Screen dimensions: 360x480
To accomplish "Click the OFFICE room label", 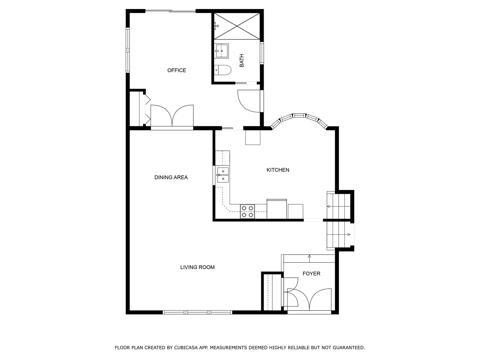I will (177, 70).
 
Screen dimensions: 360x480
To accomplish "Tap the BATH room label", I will (242, 61).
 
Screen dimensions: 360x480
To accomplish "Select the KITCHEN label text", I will (278, 170).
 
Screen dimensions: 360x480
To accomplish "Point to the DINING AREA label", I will (171, 177).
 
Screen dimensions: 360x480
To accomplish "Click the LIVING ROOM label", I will (197, 267).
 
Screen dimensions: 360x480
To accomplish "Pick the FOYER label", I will (311, 274).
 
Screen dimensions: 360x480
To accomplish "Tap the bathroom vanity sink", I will (221, 51).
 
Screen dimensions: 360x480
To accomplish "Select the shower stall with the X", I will (237, 26).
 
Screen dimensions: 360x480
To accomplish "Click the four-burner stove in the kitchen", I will (247, 212).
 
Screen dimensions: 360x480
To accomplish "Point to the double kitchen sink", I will (223, 175).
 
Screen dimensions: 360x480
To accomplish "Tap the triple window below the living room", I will (197, 312).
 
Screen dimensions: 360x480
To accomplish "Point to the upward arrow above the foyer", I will (309, 256).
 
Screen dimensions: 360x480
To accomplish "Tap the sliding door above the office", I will (170, 12).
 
